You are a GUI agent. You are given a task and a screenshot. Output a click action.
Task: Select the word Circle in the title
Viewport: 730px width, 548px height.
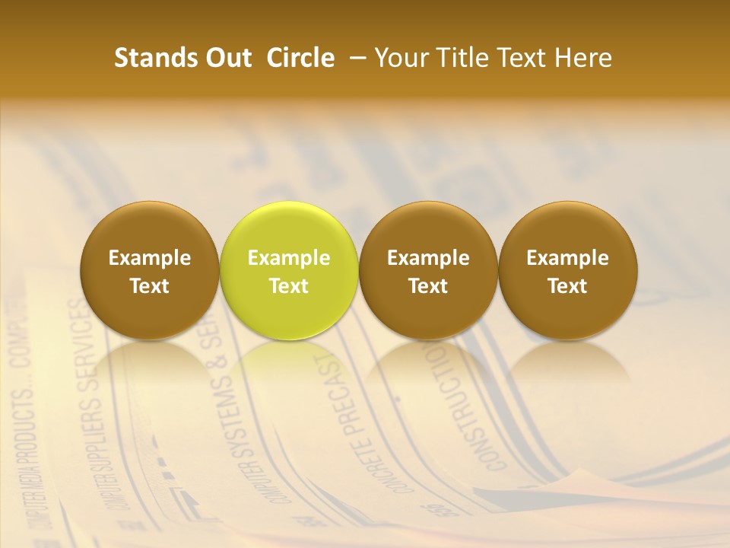click(x=300, y=58)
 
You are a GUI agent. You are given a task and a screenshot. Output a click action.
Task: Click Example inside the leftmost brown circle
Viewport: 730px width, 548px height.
click(x=150, y=258)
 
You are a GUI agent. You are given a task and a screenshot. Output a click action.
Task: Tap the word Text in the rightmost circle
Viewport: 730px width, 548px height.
click(x=567, y=286)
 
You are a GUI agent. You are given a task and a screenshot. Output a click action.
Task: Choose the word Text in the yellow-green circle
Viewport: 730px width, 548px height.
click(x=289, y=286)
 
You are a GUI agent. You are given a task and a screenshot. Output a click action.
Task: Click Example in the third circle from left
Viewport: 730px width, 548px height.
click(x=428, y=258)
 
